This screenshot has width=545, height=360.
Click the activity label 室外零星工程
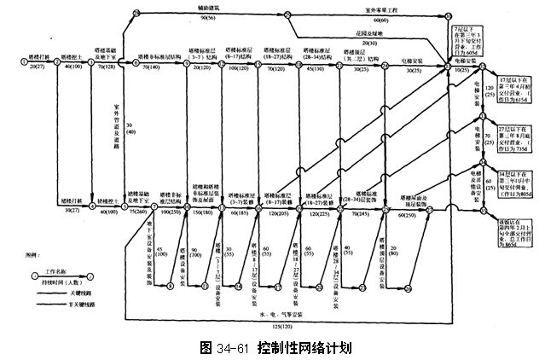pos(373,9)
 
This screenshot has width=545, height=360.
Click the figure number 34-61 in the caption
pos(232,348)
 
